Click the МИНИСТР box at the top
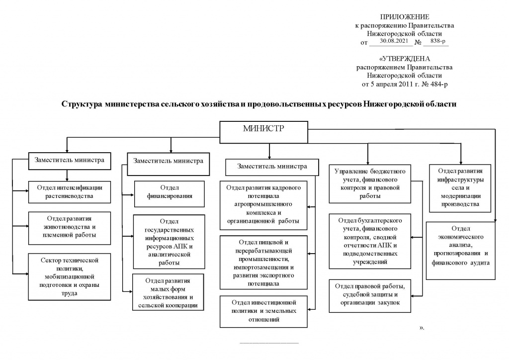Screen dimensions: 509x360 [263, 132]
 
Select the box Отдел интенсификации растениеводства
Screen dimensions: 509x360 [70, 192]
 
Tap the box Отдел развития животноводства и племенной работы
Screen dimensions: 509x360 [70, 228]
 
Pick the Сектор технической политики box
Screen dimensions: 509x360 [70, 277]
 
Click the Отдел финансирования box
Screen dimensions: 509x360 [170, 194]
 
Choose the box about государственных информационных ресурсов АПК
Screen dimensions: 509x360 [169, 242]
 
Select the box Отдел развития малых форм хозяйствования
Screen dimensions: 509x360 [168, 292]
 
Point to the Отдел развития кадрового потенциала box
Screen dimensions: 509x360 [263, 205]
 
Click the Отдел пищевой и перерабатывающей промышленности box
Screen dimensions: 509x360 [263, 262]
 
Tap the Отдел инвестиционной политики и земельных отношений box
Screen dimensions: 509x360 [263, 311]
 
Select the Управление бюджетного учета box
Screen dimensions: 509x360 [370, 184]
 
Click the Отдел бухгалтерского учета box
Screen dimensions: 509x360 [370, 241]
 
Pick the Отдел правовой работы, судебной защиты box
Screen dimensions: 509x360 [370, 296]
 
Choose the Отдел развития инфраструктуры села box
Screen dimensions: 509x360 [460, 188]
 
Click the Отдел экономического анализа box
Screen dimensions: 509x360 [461, 251]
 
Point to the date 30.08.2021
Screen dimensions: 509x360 [394, 41]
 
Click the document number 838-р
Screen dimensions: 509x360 [438, 41]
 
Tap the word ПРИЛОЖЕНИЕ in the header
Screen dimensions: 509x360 [405, 17]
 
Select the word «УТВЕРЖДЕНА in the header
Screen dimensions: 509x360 [405, 59]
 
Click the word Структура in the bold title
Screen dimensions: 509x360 [82, 104]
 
